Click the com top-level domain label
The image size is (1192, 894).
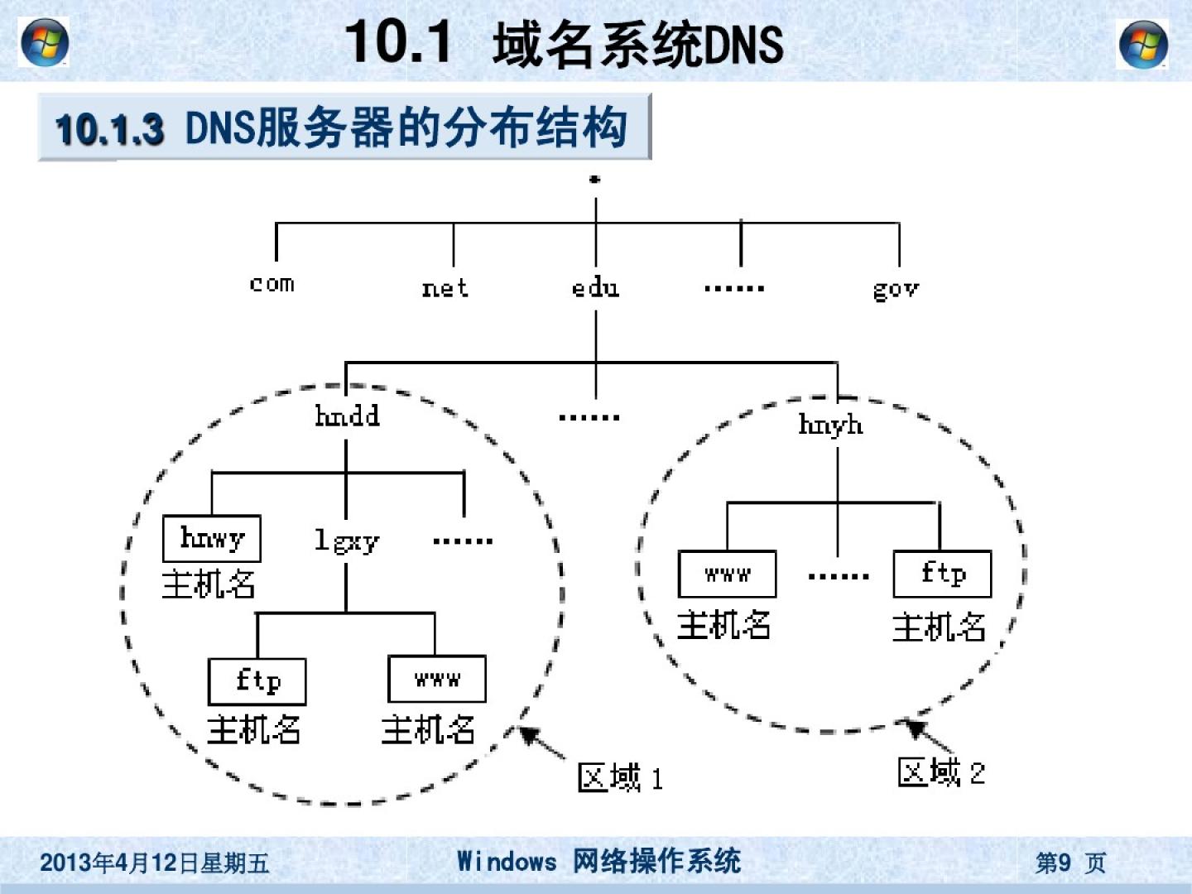[272, 284]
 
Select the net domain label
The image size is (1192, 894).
[445, 288]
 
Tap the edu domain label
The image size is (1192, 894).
[595, 288]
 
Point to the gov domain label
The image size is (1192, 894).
[896, 290]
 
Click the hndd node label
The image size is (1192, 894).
[347, 415]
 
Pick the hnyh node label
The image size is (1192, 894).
[830, 425]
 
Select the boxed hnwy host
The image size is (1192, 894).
[212, 539]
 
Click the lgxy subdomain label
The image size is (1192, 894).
[346, 541]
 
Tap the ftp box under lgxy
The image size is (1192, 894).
[257, 681]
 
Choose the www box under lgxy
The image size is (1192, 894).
[437, 680]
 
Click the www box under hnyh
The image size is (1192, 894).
[727, 574]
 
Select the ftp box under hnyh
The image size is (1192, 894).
[942, 574]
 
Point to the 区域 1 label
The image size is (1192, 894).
[620, 778]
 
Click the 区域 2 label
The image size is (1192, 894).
[941, 772]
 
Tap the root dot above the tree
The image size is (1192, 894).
[594, 179]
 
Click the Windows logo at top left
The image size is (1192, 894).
[44, 42]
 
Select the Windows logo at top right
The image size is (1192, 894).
[1143, 44]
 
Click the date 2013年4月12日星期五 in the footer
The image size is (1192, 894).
[155, 863]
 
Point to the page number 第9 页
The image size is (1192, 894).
[1069, 863]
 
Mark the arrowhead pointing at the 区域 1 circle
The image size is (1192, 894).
[527, 733]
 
